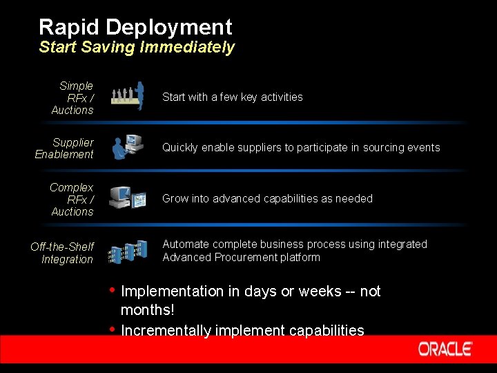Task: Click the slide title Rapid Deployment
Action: point(135,28)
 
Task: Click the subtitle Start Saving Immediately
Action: point(137,48)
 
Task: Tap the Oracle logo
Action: point(445,349)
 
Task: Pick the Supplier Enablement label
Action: point(65,149)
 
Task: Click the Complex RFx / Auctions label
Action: point(72,200)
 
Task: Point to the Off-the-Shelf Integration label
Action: point(62,253)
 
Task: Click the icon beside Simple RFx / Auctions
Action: point(128,96)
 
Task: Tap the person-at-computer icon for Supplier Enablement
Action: point(128,147)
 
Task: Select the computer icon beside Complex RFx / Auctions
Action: point(128,199)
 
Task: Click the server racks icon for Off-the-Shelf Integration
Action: point(128,251)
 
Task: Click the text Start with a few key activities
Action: point(233,97)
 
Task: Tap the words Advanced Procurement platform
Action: point(242,258)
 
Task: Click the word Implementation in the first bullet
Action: point(172,291)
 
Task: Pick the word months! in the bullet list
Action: point(147,311)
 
